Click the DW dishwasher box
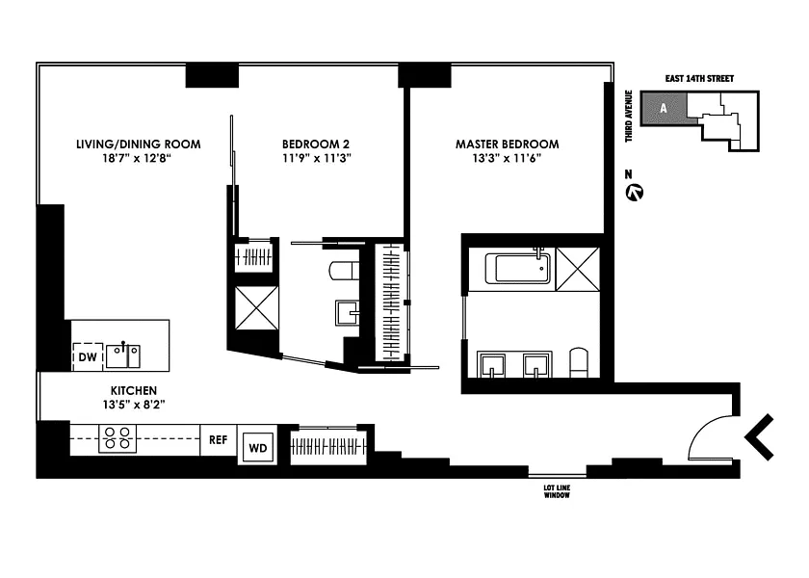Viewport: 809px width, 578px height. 88,356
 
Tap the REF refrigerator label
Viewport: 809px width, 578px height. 219,440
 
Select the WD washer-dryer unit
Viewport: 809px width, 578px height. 258,447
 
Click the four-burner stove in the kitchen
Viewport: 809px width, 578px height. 117,438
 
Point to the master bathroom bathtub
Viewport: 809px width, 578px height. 517,268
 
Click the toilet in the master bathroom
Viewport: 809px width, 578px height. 579,363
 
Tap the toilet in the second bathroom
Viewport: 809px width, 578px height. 344,270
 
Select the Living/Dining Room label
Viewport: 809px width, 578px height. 139,144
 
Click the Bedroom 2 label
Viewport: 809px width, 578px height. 316,144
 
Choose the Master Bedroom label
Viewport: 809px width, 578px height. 508,144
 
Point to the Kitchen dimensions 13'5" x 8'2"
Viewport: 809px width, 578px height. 134,405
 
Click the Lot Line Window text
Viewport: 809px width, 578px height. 557,491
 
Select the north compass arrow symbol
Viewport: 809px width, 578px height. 634,193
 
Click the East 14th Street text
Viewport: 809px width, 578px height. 699,78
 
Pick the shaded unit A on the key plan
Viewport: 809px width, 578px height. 664,108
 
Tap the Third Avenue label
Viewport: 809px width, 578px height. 628,117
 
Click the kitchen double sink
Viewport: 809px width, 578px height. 123,356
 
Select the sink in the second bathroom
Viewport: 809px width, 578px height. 348,313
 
